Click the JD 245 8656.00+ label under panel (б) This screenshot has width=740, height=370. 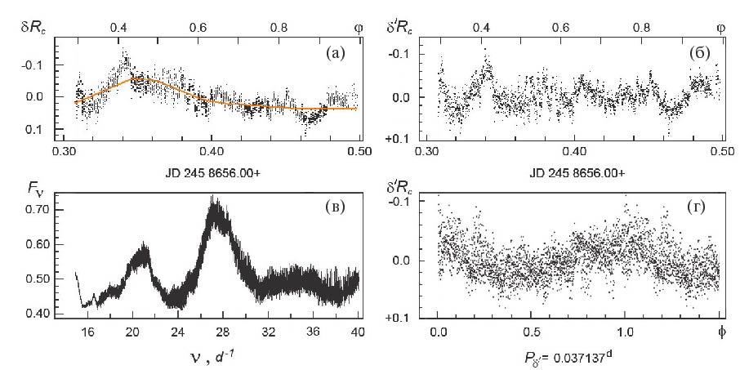click(576, 174)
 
